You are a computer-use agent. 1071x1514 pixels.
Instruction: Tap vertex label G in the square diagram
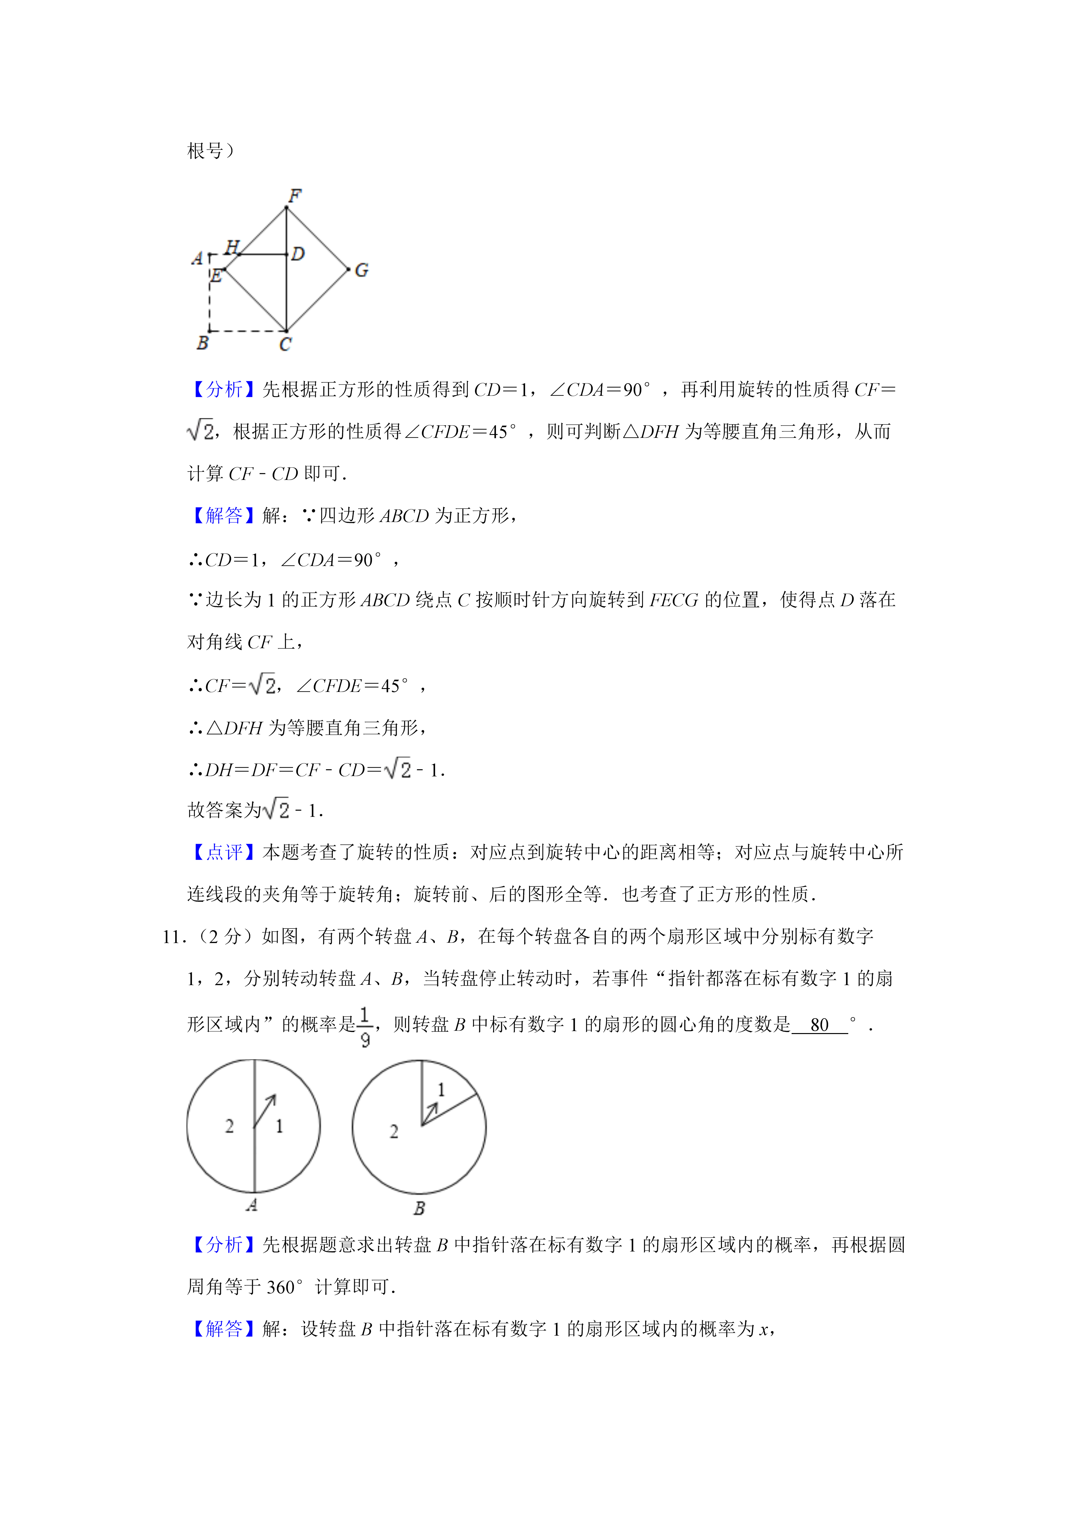pos(361,270)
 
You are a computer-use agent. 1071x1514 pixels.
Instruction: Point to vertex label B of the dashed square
pos(202,343)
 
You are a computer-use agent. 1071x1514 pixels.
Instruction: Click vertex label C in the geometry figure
pos(285,344)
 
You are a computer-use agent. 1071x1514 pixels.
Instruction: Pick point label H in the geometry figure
pos(231,247)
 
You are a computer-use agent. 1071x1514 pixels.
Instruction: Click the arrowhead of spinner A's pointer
pos(272,1098)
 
